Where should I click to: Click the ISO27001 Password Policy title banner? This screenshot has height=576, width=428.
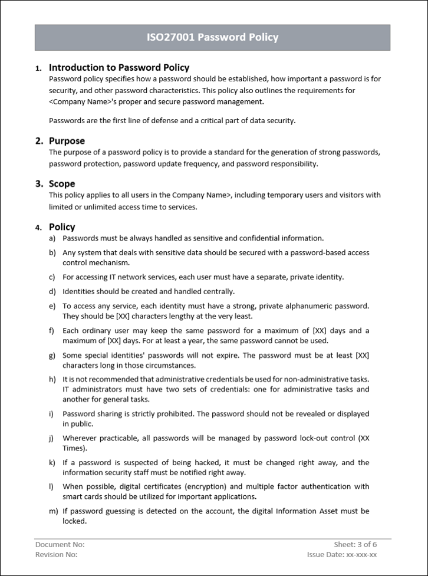[212, 37]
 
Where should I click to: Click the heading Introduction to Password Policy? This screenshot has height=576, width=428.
[118, 67]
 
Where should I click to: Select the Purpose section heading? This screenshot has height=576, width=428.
[67, 141]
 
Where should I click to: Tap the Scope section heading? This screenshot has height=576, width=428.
[62, 184]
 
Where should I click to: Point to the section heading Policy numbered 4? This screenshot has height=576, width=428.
[62, 227]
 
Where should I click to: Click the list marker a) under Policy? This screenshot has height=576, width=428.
[52, 238]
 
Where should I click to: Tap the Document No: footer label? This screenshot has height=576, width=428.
[60, 544]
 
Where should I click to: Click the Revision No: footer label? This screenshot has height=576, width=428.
[57, 554]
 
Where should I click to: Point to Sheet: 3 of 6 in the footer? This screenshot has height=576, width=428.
[355, 544]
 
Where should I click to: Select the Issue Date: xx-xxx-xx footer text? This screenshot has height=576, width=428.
[342, 554]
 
